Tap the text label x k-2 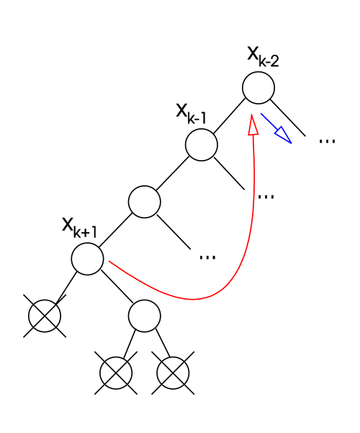[x=263, y=58]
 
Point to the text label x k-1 [x=192, y=114]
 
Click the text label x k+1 [x=79, y=228]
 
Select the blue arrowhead [x=284, y=135]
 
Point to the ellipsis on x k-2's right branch [x=327, y=141]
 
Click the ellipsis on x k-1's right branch [x=266, y=197]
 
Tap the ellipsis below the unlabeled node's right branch [x=207, y=257]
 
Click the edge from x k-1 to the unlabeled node [x=173, y=174]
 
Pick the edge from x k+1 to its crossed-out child [x=66, y=288]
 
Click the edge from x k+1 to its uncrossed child [x=117, y=287]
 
